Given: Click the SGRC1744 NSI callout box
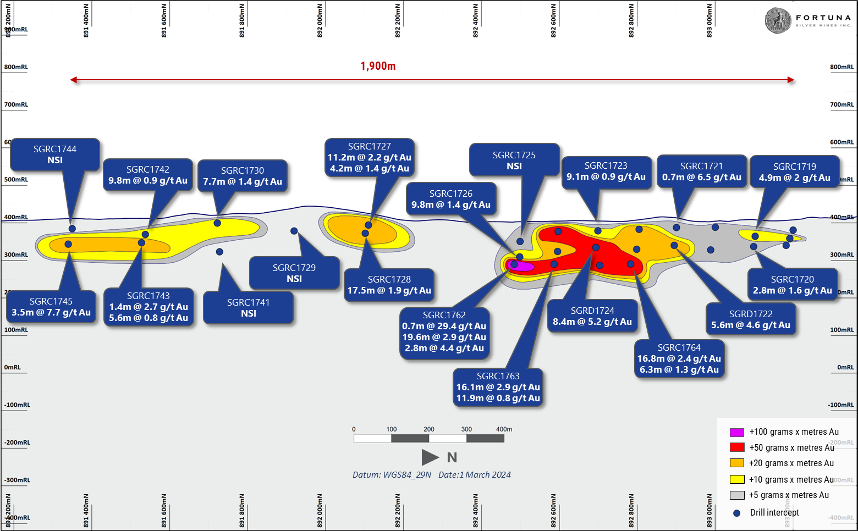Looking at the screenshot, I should click(x=55, y=154).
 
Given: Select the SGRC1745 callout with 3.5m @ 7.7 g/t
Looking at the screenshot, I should click(x=51, y=307).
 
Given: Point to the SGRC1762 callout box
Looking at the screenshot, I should click(x=444, y=331).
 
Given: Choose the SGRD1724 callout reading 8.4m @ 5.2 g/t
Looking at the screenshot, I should click(x=592, y=316).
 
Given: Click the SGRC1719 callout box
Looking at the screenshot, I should click(x=794, y=172).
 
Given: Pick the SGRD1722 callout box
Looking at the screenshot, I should click(x=751, y=319).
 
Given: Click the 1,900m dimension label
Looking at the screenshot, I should click(x=378, y=67).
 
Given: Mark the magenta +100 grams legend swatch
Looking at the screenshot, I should click(x=736, y=432).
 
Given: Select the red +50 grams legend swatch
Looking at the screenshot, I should click(x=736, y=447).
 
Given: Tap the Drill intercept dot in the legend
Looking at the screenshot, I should click(x=736, y=513).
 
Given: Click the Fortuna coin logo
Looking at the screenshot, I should click(x=778, y=21).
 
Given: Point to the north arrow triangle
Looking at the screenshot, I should click(x=430, y=457).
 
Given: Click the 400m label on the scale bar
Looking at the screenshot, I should click(x=504, y=429).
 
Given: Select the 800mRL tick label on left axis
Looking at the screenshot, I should click(x=16, y=67).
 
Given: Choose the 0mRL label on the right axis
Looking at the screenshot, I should click(x=845, y=367).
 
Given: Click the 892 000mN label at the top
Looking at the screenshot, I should click(x=320, y=21).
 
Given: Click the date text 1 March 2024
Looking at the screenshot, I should click(x=475, y=475).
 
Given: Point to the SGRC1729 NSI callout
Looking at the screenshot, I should click(x=294, y=273).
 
